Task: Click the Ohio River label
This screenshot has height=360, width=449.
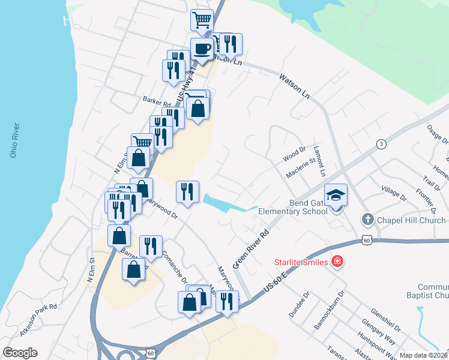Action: tap(14, 140)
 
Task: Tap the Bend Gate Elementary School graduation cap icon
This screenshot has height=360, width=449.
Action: tap(336, 194)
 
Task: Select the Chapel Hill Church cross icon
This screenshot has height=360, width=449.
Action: tap(369, 220)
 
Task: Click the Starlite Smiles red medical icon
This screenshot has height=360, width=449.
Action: tap(337, 262)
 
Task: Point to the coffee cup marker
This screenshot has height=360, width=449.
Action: tap(201, 48)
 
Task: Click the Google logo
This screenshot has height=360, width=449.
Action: tap(20, 353)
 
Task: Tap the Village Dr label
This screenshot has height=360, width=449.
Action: tap(394, 193)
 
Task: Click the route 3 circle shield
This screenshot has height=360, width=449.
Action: tap(381, 144)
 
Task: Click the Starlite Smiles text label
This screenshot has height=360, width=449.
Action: tap(300, 262)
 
